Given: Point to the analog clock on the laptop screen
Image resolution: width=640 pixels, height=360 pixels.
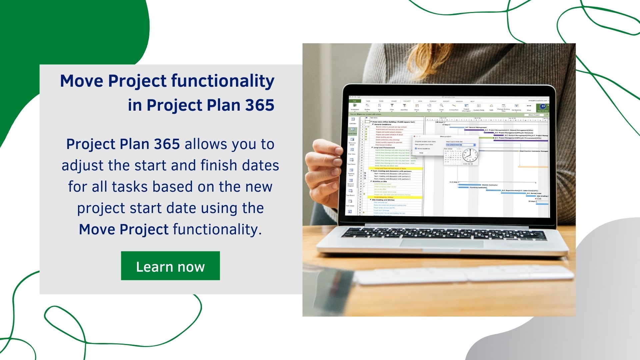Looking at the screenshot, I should (x=470, y=155).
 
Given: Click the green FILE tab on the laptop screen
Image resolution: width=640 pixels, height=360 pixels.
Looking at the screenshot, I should (x=355, y=101).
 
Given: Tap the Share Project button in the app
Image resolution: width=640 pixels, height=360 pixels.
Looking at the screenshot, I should (x=534, y=115).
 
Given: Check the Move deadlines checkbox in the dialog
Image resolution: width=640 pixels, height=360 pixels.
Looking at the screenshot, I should (x=416, y=149).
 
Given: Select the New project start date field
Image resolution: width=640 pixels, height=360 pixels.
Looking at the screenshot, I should (x=460, y=145).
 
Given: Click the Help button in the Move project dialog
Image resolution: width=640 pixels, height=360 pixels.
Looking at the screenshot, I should (x=421, y=153).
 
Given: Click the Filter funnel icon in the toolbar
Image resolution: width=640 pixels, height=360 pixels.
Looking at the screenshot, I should (x=392, y=106).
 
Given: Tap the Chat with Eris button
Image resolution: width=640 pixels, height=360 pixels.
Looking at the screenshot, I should (x=543, y=108).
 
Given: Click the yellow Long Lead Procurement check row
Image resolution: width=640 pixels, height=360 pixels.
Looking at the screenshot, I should (x=395, y=168).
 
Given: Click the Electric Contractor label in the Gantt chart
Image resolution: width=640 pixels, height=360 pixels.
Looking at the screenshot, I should (x=490, y=185).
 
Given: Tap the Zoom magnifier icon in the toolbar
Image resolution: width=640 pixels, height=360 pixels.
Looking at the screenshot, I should (x=441, y=106).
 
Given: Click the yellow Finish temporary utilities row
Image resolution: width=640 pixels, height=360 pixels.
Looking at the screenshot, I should (x=395, y=197).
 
